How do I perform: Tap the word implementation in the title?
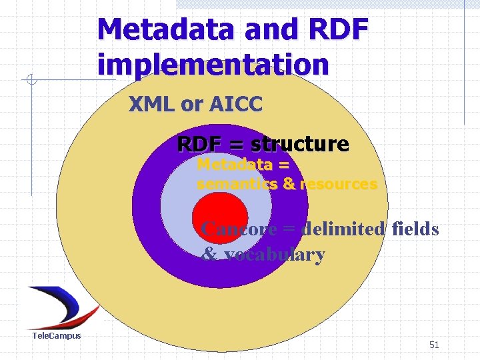click(213, 65)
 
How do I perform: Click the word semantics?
click(237, 184)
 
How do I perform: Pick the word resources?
click(339, 184)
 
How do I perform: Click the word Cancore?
click(239, 229)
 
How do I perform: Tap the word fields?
click(415, 229)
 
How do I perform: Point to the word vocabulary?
click(275, 255)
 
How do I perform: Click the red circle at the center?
click(219, 214)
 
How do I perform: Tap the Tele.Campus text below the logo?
click(57, 336)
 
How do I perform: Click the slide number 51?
click(434, 345)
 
